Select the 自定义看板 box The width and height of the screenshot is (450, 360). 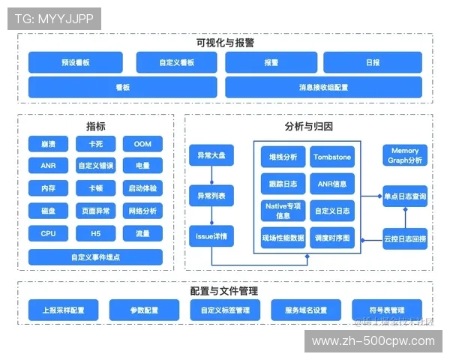[177, 62]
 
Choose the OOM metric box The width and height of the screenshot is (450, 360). [142, 143]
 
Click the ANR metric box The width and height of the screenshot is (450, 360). [48, 166]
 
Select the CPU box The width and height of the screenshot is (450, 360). [48, 233]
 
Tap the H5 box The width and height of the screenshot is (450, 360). [95, 233]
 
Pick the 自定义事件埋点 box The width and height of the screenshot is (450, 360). [95, 256]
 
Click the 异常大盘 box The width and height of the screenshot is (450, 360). [211, 157]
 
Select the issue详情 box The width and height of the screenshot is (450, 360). [211, 236]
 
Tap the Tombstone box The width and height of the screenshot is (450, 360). [331, 157]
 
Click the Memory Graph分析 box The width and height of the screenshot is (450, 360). [406, 155]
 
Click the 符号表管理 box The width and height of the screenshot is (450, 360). [387, 309]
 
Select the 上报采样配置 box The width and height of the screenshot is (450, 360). [63, 309]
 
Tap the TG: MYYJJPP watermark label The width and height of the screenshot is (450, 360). [54, 19]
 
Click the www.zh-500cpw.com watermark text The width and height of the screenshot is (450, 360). [373, 341]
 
